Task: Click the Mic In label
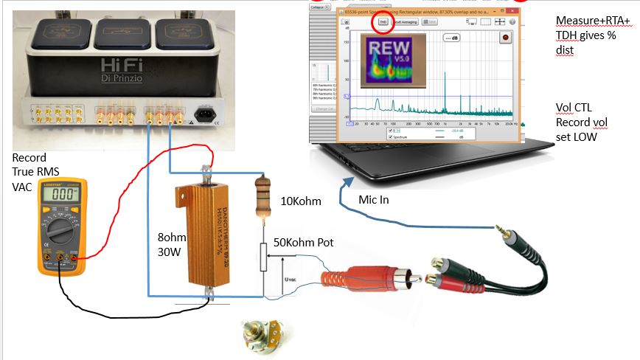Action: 376,200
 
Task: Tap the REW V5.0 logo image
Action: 387,58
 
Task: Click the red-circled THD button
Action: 383,23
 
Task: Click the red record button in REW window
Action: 505,36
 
